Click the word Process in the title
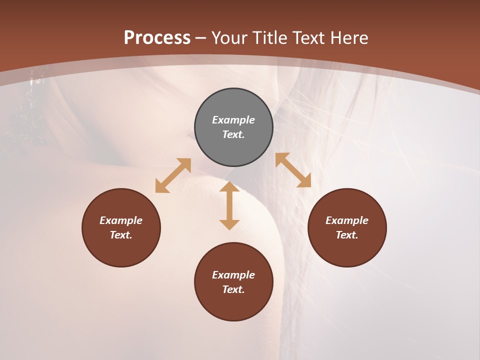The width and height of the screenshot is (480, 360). (157, 38)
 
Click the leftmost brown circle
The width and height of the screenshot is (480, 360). (121, 227)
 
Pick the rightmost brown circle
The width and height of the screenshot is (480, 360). (347, 227)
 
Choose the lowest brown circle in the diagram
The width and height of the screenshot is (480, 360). (233, 281)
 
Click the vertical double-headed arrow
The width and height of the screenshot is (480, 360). (229, 205)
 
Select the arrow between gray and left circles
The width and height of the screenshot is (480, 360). (173, 175)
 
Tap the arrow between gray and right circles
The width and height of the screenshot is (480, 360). (293, 170)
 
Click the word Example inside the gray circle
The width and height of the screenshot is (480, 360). (233, 120)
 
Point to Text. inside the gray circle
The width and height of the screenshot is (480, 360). (233, 134)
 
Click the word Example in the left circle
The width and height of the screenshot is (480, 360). (121, 220)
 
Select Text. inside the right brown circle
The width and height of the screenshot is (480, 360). (347, 235)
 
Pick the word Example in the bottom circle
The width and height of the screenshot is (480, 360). (233, 275)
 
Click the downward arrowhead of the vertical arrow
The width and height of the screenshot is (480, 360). (229, 224)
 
